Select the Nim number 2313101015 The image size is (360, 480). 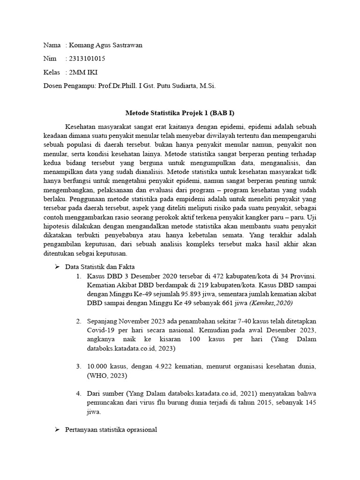[x=87, y=59]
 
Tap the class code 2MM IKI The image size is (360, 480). [x=83, y=72]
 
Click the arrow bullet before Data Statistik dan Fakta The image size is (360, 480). [x=57, y=266]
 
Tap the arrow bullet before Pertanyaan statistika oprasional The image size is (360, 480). [x=57, y=429]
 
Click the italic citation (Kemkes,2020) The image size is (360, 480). [x=271, y=303]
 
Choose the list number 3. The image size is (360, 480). [x=79, y=366]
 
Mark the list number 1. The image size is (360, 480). [x=79, y=276]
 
